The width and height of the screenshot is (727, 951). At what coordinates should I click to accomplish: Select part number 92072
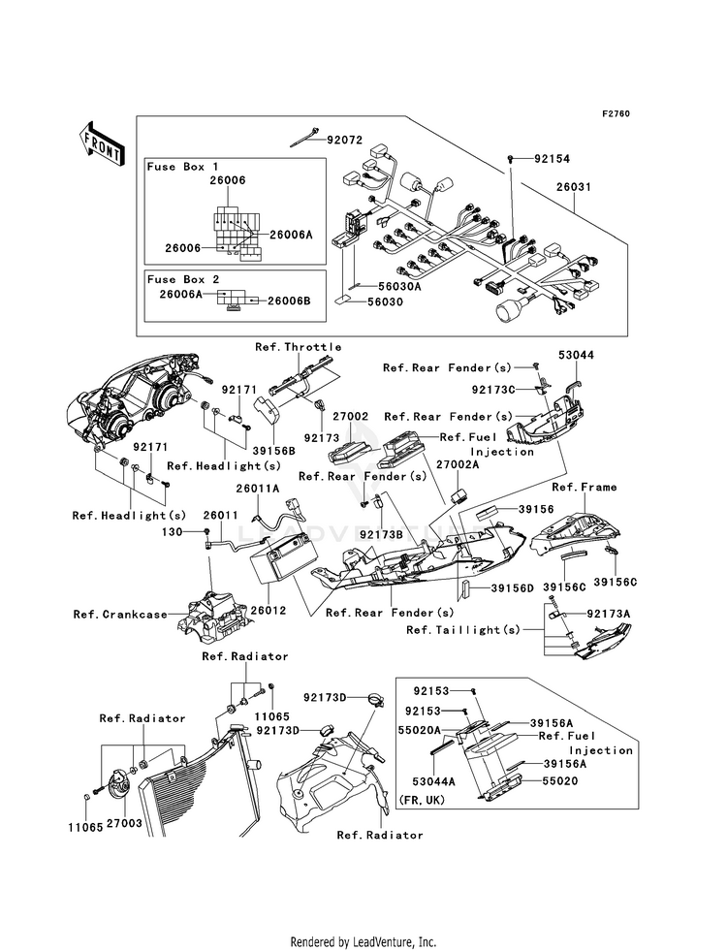pyautogui.click(x=344, y=140)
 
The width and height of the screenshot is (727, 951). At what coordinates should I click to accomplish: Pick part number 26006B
pyautogui.click(x=289, y=301)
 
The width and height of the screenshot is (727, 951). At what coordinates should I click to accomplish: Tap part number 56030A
pyautogui.click(x=399, y=286)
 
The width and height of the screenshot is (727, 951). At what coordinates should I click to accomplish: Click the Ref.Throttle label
pyautogui.click(x=299, y=346)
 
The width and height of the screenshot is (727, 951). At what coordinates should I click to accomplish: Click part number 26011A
pyautogui.click(x=256, y=489)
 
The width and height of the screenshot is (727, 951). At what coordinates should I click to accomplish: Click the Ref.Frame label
pyautogui.click(x=585, y=487)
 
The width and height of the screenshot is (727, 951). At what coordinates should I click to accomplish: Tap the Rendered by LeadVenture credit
pyautogui.click(x=363, y=941)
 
